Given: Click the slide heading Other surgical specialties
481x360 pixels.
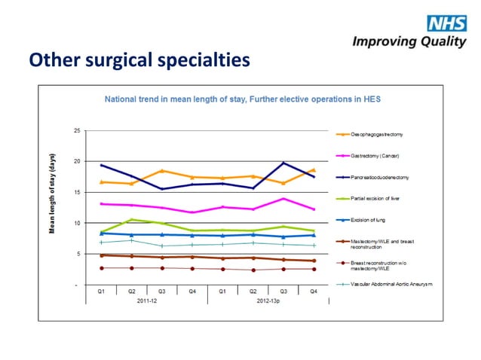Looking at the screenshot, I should (x=138, y=58).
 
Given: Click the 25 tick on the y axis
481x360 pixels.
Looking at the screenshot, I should (x=76, y=131).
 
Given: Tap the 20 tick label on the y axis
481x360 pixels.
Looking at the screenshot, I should (x=76, y=162).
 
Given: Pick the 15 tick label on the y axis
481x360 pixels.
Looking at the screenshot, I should (x=76, y=193).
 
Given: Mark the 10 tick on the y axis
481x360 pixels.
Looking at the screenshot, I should (x=76, y=224).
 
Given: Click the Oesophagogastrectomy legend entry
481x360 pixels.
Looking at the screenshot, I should (x=376, y=134).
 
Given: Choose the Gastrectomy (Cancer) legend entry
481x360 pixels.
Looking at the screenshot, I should (x=374, y=156).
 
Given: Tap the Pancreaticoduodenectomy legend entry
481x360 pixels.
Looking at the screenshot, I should (x=381, y=178).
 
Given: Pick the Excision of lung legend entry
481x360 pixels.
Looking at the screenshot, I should (x=369, y=220).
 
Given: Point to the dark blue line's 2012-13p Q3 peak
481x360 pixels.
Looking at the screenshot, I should (x=283, y=163).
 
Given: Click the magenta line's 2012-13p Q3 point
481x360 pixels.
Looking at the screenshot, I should (x=283, y=199).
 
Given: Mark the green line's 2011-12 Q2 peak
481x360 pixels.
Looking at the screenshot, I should (x=131, y=220).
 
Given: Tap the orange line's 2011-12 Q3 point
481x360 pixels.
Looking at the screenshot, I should (x=161, y=171).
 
